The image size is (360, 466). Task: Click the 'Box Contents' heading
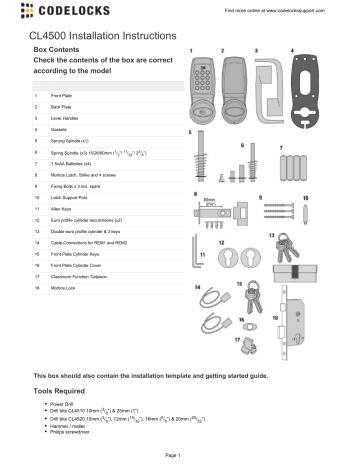point(60,47)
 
